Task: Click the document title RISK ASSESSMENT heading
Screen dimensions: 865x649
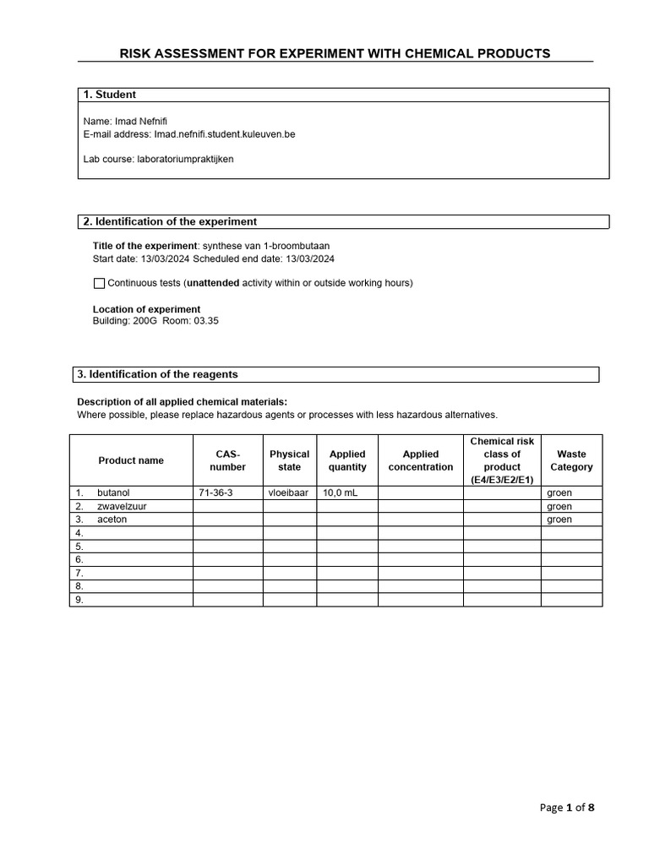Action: click(x=335, y=53)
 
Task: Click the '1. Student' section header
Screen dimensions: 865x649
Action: click(x=110, y=95)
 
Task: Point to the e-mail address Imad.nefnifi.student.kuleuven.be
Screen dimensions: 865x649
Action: click(x=224, y=133)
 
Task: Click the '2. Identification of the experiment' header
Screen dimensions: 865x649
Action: click(x=169, y=221)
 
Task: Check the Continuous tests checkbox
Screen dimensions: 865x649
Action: click(x=99, y=283)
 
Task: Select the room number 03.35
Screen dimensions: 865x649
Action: click(x=205, y=321)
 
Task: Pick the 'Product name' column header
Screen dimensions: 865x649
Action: click(x=131, y=460)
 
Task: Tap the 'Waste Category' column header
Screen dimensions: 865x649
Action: click(x=571, y=460)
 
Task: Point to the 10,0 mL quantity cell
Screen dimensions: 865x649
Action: click(x=341, y=492)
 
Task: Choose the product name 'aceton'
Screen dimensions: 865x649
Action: click(x=112, y=520)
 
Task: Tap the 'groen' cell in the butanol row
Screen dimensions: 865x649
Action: click(x=559, y=492)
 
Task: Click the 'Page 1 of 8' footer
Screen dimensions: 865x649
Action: click(x=567, y=808)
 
